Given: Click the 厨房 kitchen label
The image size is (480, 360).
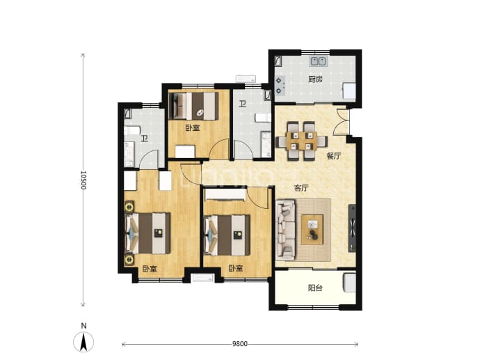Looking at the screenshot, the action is [315, 79].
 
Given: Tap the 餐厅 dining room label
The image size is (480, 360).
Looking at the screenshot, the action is [334, 156].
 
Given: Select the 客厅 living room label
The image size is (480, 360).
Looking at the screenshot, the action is [301, 188].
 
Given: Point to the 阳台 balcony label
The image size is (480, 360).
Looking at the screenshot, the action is [315, 288].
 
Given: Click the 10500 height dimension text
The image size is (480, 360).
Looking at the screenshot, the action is [83, 180].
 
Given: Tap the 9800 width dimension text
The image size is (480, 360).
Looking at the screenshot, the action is [240, 344].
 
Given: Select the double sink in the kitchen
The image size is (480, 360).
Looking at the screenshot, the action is [319, 61].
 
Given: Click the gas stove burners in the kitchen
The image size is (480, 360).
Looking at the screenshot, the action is [280, 86].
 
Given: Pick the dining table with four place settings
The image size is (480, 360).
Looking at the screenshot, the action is [302, 141].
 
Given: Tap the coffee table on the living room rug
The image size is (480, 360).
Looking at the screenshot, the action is [312, 230].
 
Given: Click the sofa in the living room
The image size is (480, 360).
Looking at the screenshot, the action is [286, 229].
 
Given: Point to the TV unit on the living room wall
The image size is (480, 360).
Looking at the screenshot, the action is [352, 228].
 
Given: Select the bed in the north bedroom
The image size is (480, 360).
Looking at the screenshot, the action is [194, 106].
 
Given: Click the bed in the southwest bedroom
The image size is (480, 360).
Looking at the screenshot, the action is [147, 233].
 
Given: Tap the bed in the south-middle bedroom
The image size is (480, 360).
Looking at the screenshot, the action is [227, 235].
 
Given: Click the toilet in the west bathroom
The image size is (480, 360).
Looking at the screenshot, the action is [131, 130].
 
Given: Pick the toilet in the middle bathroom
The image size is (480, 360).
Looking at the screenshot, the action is [263, 118].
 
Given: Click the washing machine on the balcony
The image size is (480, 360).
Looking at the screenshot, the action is [349, 283].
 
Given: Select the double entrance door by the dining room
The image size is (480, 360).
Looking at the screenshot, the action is [341, 122].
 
